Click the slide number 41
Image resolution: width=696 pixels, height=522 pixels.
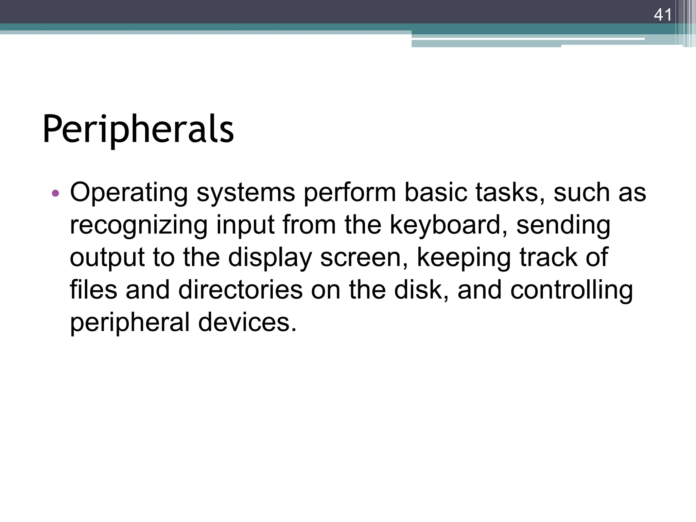click(662, 15)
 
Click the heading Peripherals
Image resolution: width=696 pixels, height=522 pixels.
click(138, 129)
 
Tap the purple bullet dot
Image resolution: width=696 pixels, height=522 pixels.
click(55, 194)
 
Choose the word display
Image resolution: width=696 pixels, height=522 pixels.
click(270, 258)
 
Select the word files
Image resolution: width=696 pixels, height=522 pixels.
click(93, 290)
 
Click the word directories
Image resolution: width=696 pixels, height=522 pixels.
click(240, 290)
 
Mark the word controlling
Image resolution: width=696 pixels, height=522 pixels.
click(572, 290)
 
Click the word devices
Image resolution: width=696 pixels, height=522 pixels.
click(247, 322)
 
